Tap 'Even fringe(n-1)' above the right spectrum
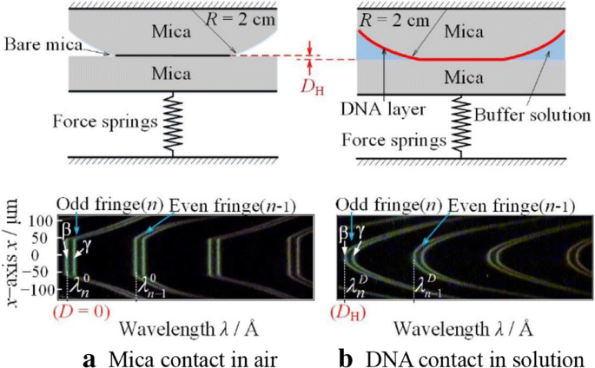click(499, 205)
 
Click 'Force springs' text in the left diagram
click(114, 119)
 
